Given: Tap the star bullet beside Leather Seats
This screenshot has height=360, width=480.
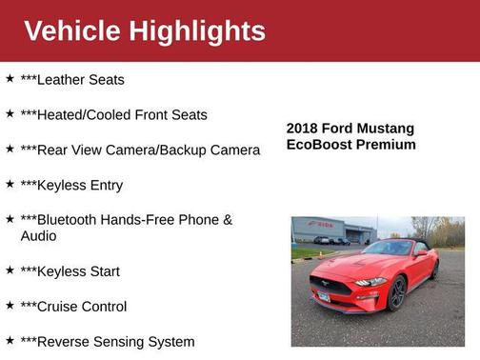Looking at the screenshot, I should tap(10, 79).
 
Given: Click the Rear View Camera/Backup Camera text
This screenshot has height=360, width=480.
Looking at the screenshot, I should tap(140, 150).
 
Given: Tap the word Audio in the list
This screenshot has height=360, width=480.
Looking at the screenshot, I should tap(41, 236).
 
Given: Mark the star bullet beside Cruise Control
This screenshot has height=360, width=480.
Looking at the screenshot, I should tap(10, 306).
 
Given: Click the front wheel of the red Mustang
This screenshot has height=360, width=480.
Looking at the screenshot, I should tap(397, 294).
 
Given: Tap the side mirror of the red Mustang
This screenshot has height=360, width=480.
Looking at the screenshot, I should tap(420, 253).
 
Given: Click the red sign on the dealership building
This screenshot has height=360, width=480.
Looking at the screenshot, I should tap(325, 225).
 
